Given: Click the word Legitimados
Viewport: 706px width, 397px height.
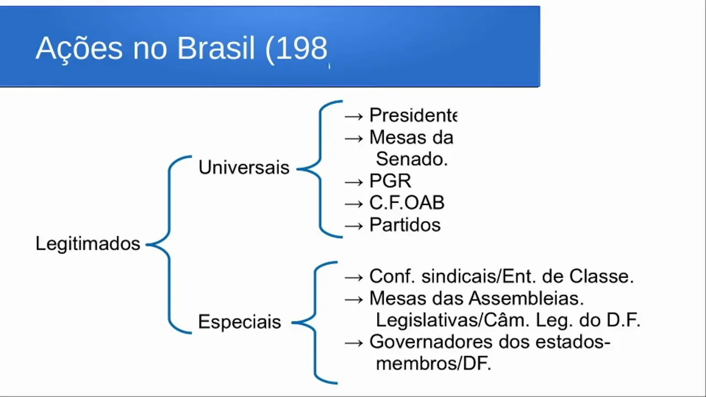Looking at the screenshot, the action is (88, 244).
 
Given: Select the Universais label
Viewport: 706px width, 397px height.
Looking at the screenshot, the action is (244, 168).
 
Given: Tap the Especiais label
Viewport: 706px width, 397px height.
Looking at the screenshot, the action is (239, 322).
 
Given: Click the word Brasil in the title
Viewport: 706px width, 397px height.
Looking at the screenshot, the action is (216, 49).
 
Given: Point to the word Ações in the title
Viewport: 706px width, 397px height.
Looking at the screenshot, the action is (79, 49).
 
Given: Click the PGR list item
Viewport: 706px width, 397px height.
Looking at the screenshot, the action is (390, 181).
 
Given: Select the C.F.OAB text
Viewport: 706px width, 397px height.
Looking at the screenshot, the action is (407, 203).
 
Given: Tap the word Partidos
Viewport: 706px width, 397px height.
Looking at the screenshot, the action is (405, 225).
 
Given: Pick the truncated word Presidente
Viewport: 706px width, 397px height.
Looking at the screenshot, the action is (413, 115).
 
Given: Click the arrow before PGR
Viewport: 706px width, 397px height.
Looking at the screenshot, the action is (354, 181).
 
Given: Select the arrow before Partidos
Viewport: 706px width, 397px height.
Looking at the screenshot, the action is (354, 226).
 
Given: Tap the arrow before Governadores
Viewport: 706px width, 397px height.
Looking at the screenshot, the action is (354, 342).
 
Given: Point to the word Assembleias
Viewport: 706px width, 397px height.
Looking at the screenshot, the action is (526, 298).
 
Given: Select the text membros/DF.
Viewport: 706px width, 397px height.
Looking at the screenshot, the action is (434, 364).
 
